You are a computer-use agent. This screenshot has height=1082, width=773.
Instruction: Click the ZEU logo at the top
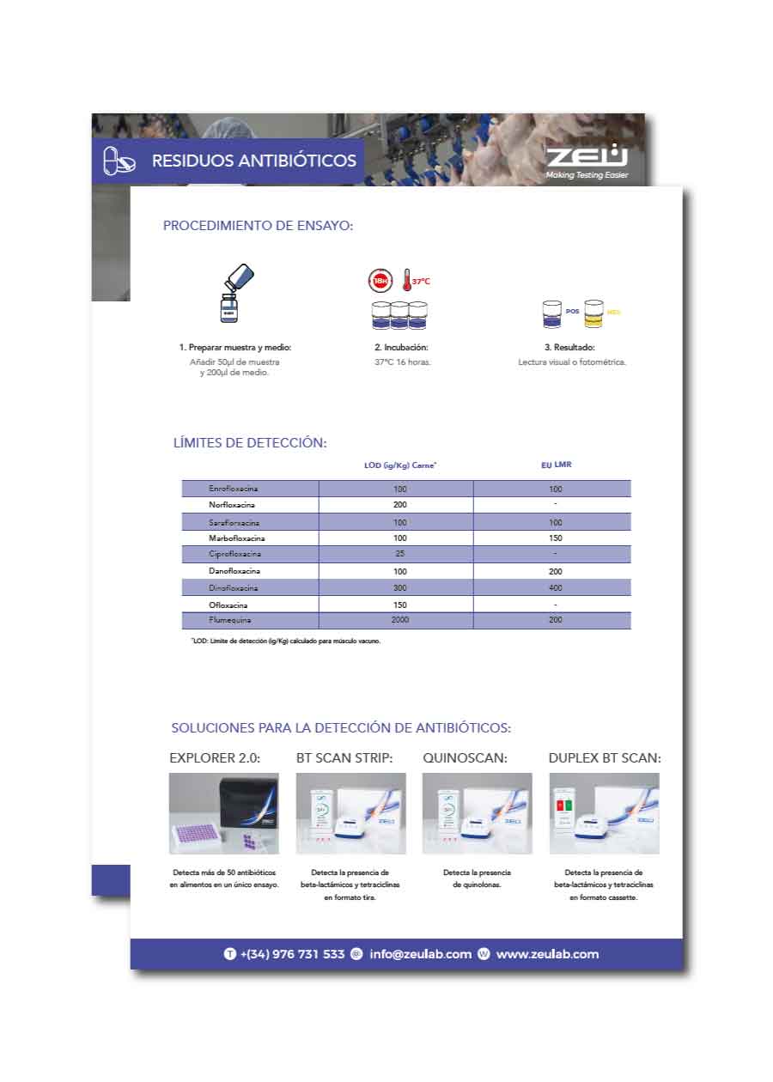tap(587, 157)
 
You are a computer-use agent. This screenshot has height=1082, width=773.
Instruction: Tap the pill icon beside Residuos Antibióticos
tap(119, 160)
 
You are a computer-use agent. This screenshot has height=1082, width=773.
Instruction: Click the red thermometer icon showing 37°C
tap(409, 281)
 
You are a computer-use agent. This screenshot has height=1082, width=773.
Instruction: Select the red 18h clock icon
tap(380, 281)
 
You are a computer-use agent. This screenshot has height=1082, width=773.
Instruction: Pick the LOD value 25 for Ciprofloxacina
tap(399, 554)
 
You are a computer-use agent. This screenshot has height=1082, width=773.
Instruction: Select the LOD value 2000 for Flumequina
tap(399, 620)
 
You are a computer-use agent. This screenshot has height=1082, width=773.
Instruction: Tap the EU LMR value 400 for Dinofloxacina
tap(555, 587)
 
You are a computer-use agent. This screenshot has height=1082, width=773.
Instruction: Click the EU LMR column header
tap(556, 465)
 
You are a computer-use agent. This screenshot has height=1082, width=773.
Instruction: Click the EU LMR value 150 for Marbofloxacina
tap(555, 538)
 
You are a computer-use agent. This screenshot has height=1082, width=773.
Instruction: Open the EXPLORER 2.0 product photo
tap(223, 813)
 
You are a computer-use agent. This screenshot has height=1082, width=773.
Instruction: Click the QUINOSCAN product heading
tap(465, 758)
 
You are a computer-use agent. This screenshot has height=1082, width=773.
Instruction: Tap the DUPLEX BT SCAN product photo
tap(604, 813)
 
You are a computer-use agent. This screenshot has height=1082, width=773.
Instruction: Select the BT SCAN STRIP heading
tap(344, 758)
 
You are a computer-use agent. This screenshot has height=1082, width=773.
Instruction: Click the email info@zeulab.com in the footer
tap(420, 954)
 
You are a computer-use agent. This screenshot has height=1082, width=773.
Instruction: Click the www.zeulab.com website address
tap(547, 954)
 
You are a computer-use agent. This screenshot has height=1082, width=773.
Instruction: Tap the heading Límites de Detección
tap(250, 443)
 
